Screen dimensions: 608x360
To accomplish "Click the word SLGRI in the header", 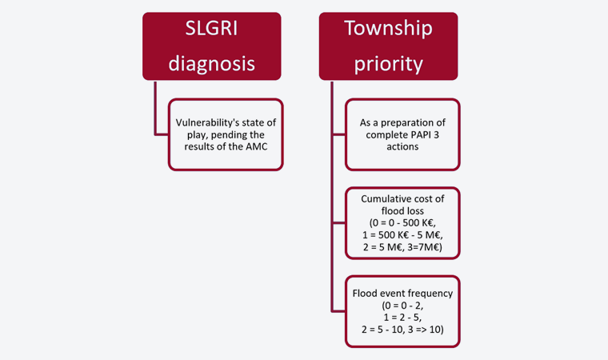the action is [x=211, y=28].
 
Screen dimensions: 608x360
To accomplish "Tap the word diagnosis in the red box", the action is [x=212, y=64].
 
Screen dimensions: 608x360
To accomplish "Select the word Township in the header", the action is [x=388, y=29].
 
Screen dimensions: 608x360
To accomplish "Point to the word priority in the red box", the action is [x=389, y=64].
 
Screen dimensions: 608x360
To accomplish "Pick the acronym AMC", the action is [x=256, y=146].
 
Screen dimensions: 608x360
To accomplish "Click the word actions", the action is [x=402, y=146].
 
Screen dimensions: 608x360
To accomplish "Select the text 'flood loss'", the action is [x=402, y=211].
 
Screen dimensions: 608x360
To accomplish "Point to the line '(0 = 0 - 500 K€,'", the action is [x=402, y=223].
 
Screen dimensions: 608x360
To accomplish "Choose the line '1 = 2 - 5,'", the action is [x=402, y=318].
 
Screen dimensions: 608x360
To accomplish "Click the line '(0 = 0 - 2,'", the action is [x=402, y=306].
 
